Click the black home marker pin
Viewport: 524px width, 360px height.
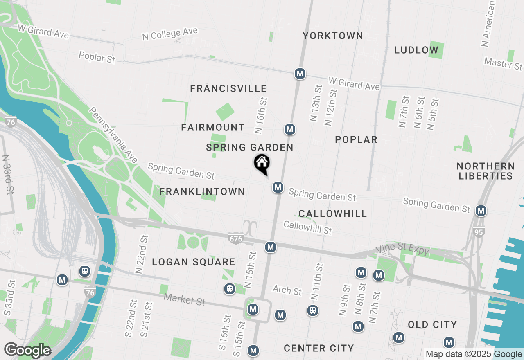[x=262, y=164]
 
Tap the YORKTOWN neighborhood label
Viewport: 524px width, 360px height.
[x=333, y=36]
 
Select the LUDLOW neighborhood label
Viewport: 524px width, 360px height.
[x=416, y=50]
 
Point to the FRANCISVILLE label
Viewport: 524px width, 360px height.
[x=228, y=88]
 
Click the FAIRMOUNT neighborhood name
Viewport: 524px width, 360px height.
[x=213, y=128]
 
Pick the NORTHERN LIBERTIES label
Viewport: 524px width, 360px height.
[x=486, y=171]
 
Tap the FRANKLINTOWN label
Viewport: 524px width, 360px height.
[x=202, y=192]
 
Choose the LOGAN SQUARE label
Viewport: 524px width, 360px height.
[x=194, y=262]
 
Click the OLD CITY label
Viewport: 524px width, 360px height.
[x=432, y=325]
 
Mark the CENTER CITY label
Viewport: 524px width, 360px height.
[x=318, y=349]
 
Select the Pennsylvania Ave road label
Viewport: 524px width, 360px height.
[x=113, y=135]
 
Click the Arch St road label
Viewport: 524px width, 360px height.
[x=287, y=290]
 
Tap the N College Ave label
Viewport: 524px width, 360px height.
[x=170, y=34]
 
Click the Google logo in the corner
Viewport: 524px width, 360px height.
[x=27, y=351]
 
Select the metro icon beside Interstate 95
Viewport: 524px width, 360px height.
[x=481, y=211]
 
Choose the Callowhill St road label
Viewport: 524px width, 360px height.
[x=307, y=227]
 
